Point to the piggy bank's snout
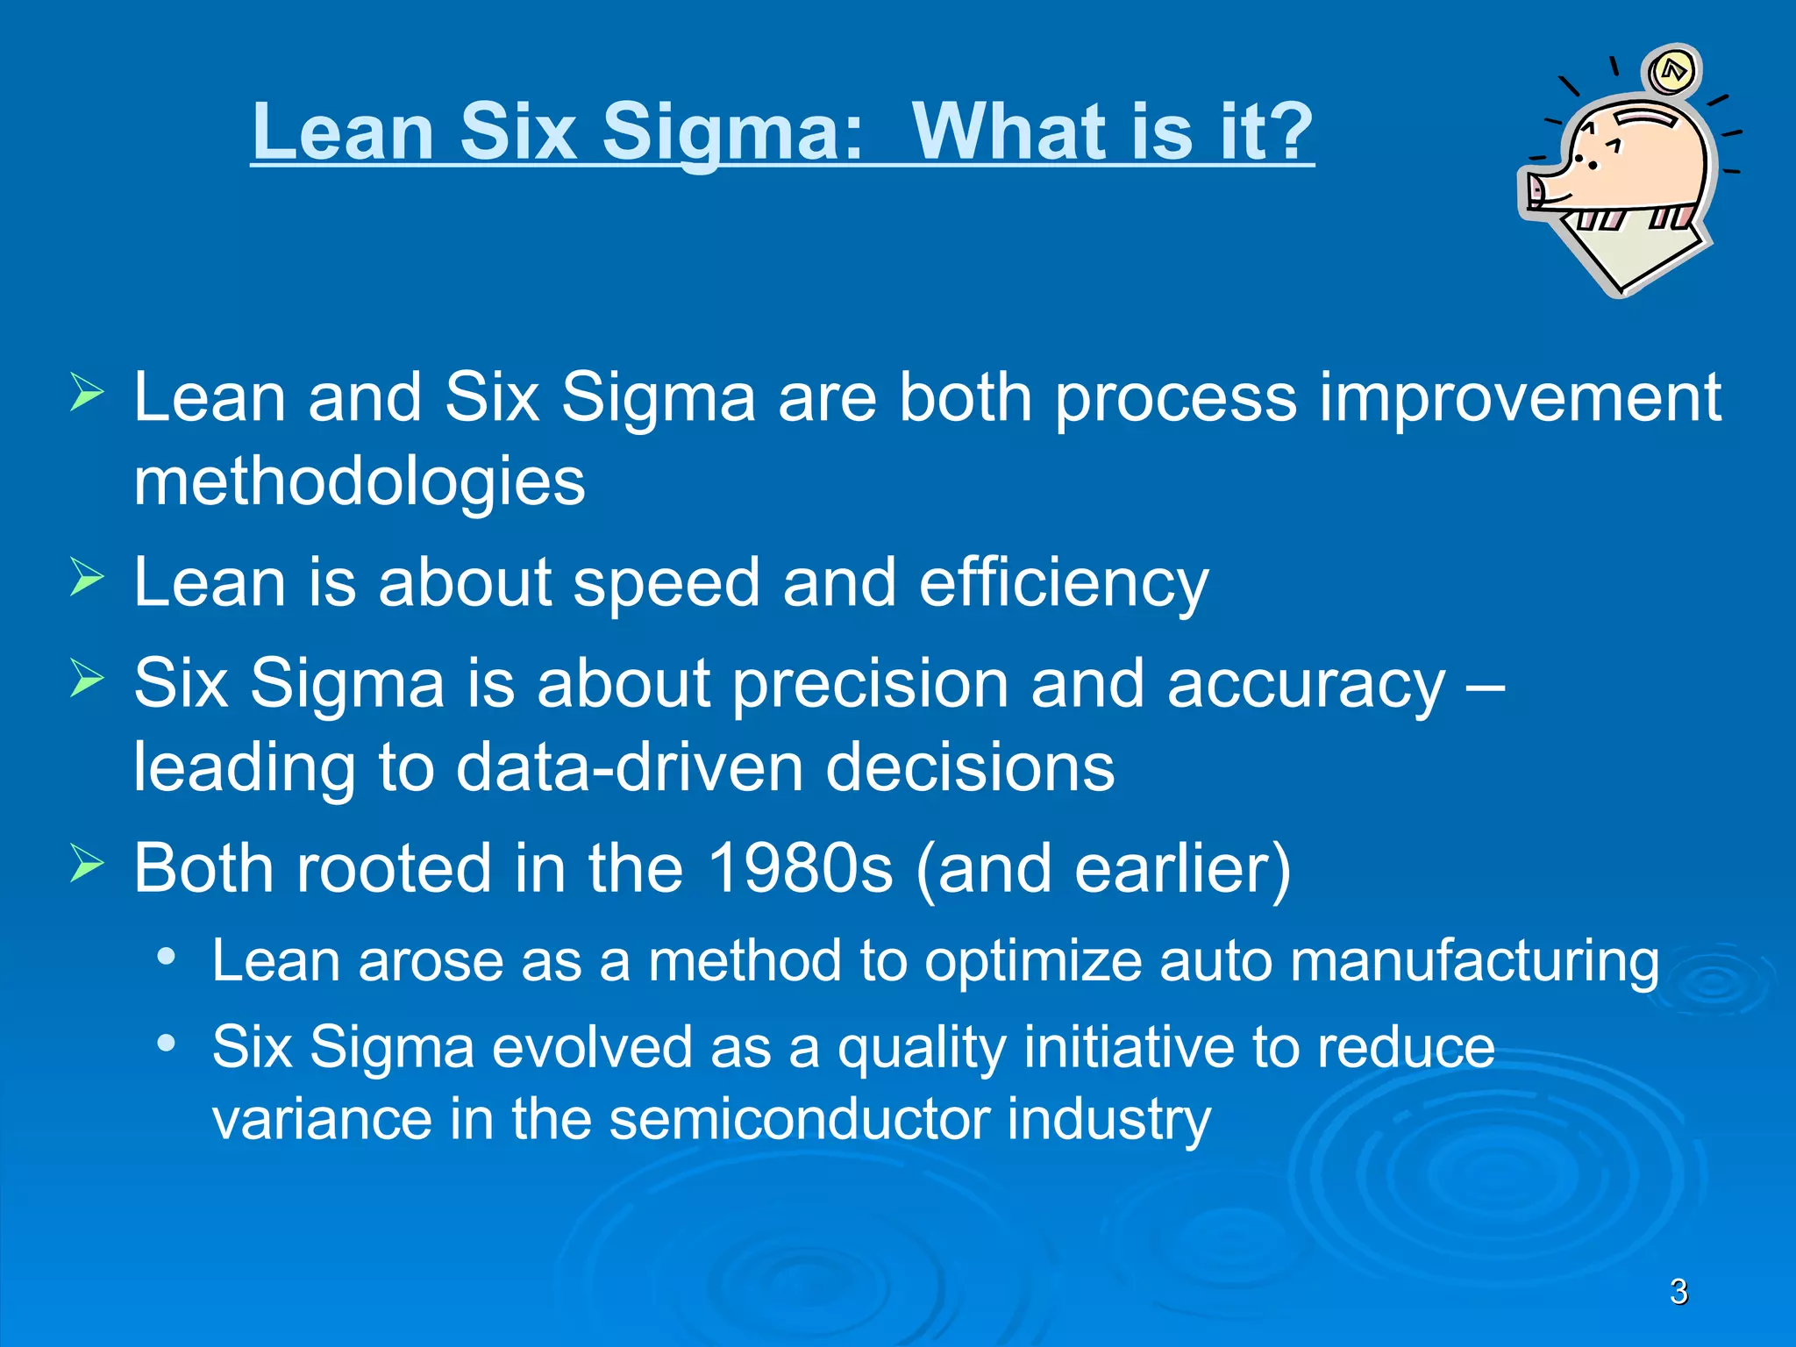[x=1536, y=189]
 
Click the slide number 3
[x=1678, y=1292]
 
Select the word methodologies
[x=359, y=482]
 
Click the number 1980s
[x=799, y=869]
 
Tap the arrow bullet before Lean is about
[x=87, y=578]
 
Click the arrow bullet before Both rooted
[x=87, y=864]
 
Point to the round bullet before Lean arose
[x=166, y=957]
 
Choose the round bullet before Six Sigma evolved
[x=166, y=1043]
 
